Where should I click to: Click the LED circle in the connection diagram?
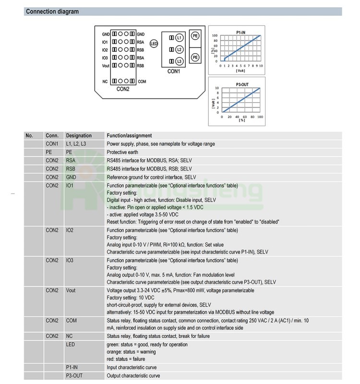154,44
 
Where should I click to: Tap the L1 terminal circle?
179,37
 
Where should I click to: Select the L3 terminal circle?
179,61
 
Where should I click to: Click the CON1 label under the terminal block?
173,72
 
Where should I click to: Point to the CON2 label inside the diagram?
123,88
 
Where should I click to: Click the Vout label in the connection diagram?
106,65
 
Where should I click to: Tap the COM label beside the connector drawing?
142,82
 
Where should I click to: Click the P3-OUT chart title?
242,84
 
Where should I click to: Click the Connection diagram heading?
52,12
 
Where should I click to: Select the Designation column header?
79,135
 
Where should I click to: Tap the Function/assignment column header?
129,135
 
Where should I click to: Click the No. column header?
29,135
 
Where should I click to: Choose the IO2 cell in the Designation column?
70,231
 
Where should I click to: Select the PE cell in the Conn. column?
49,152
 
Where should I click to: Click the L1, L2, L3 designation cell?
77,144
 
